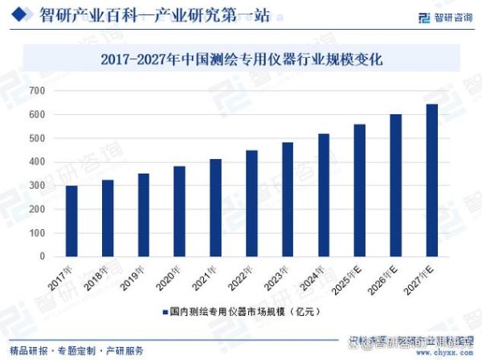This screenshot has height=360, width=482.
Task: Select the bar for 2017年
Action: (71, 221)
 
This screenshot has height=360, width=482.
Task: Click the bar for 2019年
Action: (143, 215)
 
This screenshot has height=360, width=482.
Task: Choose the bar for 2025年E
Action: (359, 190)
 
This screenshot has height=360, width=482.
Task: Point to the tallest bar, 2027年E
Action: (431, 180)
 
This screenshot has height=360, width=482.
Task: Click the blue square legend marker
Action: (164, 311)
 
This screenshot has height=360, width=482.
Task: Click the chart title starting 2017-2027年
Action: (241, 59)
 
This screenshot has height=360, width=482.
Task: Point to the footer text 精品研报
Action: (25, 351)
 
